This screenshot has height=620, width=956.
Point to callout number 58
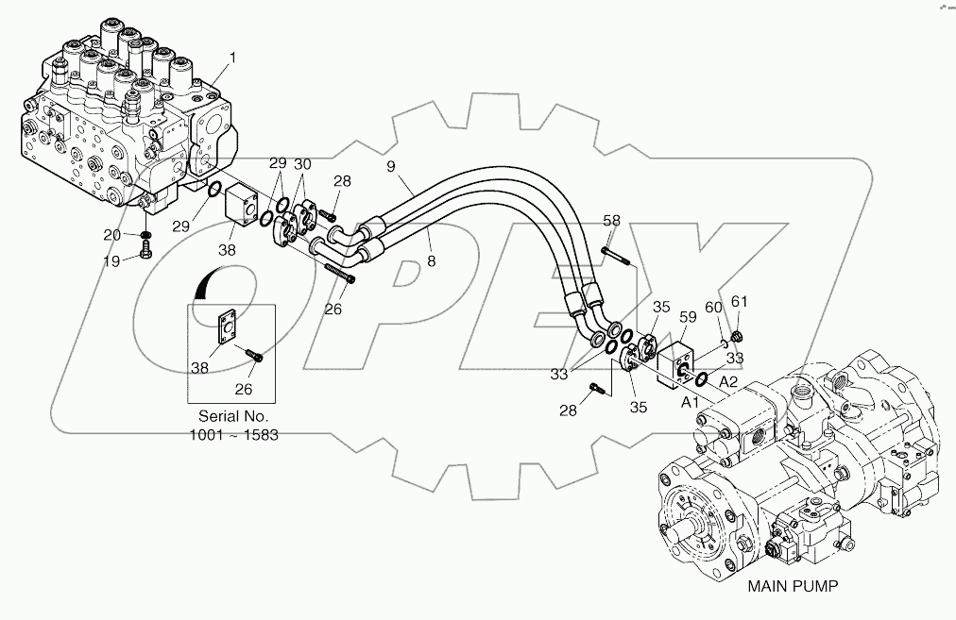[x=611, y=220]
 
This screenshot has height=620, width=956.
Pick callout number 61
[x=740, y=301]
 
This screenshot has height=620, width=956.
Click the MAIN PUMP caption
[x=794, y=586]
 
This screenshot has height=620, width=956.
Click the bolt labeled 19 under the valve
[x=145, y=250]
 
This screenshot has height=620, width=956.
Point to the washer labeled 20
[x=145, y=234]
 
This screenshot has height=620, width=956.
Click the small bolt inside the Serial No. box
[x=256, y=355]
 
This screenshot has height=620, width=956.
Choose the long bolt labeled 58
[x=619, y=260]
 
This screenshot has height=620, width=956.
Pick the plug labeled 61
[x=740, y=335]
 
